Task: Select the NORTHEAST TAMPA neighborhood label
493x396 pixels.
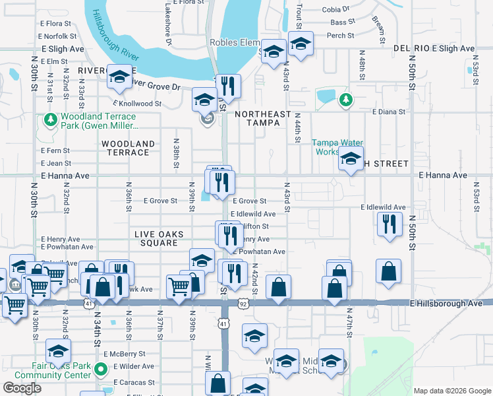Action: coord(263,119)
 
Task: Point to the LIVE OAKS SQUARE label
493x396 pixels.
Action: coord(156,238)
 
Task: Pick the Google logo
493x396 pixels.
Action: coord(22,388)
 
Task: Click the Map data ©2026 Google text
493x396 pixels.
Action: coord(451,391)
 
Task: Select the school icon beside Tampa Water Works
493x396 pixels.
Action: coord(351,159)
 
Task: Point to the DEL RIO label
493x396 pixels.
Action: coord(412,49)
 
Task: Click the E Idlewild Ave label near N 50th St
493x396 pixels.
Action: coord(382,207)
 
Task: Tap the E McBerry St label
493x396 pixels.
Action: coord(134,354)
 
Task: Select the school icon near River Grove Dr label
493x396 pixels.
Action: coord(119,77)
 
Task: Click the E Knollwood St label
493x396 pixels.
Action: coord(137,104)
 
